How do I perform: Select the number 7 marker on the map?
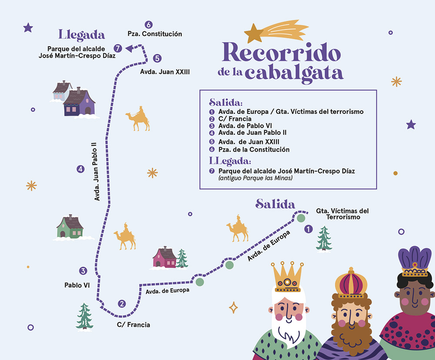point(117,48)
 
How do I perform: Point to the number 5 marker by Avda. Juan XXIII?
point(157,58)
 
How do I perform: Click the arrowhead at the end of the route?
point(129,49)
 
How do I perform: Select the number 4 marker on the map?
point(80,170)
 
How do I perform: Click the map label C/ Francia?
point(134,325)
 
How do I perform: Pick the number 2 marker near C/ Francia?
point(122,304)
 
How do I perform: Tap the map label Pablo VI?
point(77,285)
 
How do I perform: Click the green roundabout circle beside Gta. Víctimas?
point(301,218)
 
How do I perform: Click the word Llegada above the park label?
point(82,35)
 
